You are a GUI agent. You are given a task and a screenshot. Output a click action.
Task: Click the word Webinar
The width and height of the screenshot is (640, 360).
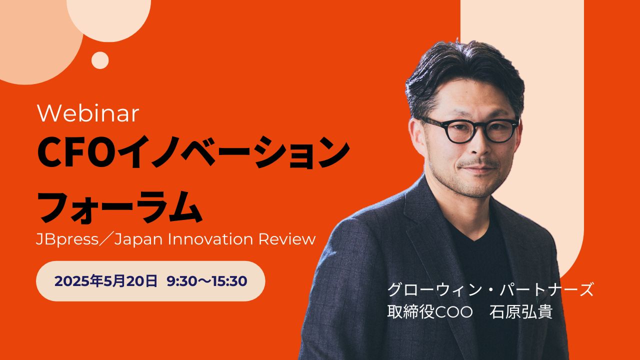(88, 113)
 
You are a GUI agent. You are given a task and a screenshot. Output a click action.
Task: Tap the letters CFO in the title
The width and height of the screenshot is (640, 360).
(74, 152)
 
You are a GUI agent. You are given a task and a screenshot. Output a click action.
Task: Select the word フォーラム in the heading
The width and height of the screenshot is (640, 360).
(120, 207)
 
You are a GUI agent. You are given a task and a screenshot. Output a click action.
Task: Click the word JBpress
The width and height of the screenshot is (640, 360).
(67, 239)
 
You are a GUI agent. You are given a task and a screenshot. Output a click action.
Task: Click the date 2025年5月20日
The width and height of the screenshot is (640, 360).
(106, 281)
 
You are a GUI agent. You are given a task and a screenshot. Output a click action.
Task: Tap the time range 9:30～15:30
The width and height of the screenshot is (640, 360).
(207, 281)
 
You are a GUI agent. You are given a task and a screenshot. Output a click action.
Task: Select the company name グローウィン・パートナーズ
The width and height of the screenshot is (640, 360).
(490, 289)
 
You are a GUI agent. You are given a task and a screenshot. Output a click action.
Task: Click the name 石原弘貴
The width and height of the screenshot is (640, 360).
(521, 312)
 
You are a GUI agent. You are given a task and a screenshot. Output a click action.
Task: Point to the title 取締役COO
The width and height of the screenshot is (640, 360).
(430, 312)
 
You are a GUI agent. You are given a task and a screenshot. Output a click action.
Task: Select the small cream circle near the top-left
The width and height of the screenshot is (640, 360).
(100, 60)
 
